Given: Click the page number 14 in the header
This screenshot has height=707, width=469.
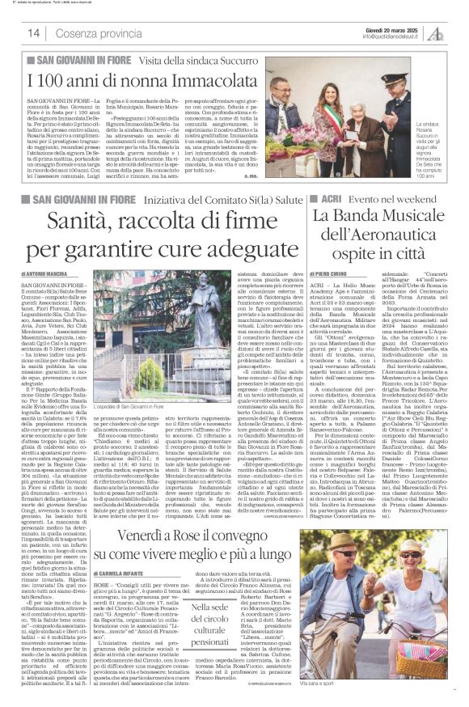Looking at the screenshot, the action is pyautogui.click(x=35, y=33).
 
